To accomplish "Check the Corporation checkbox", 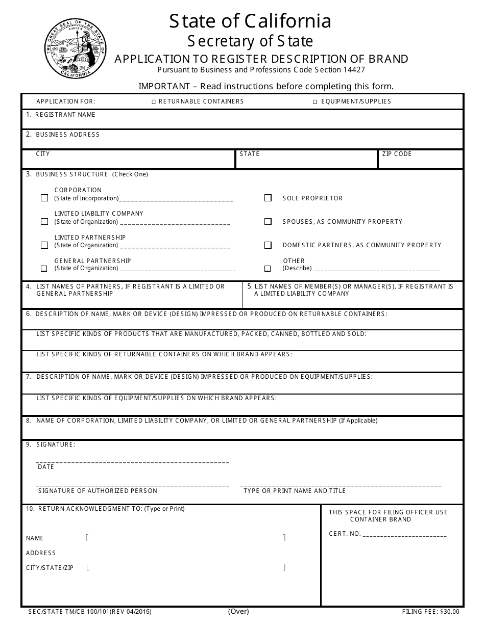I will click(x=44, y=198).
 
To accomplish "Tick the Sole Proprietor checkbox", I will click(x=268, y=198).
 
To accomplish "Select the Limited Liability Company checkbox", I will click(x=44, y=222).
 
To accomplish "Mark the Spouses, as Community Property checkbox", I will click(x=268, y=222).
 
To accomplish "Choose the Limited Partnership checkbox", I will click(x=44, y=245).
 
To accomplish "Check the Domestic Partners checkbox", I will click(x=268, y=245).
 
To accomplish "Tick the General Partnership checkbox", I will click(x=44, y=269).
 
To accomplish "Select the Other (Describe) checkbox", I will click(x=268, y=269).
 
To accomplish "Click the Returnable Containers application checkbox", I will click(x=154, y=102).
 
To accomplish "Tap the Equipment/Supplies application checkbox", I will click(x=315, y=102).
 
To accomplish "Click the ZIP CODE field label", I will click(x=397, y=154).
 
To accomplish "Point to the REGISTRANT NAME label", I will click(x=65, y=115).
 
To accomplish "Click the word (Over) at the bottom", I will click(x=238, y=611).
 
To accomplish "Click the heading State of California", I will click(x=250, y=21).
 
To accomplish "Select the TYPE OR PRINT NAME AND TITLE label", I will click(x=295, y=491).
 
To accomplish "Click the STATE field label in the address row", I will click(x=250, y=154).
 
